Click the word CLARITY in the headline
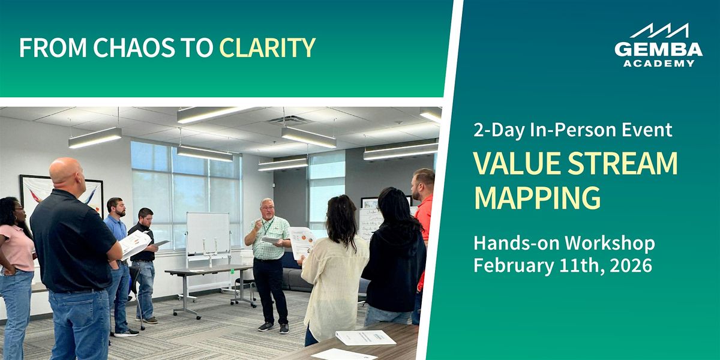267,48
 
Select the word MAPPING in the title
537,197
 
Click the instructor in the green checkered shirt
268,258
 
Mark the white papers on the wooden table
365,338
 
